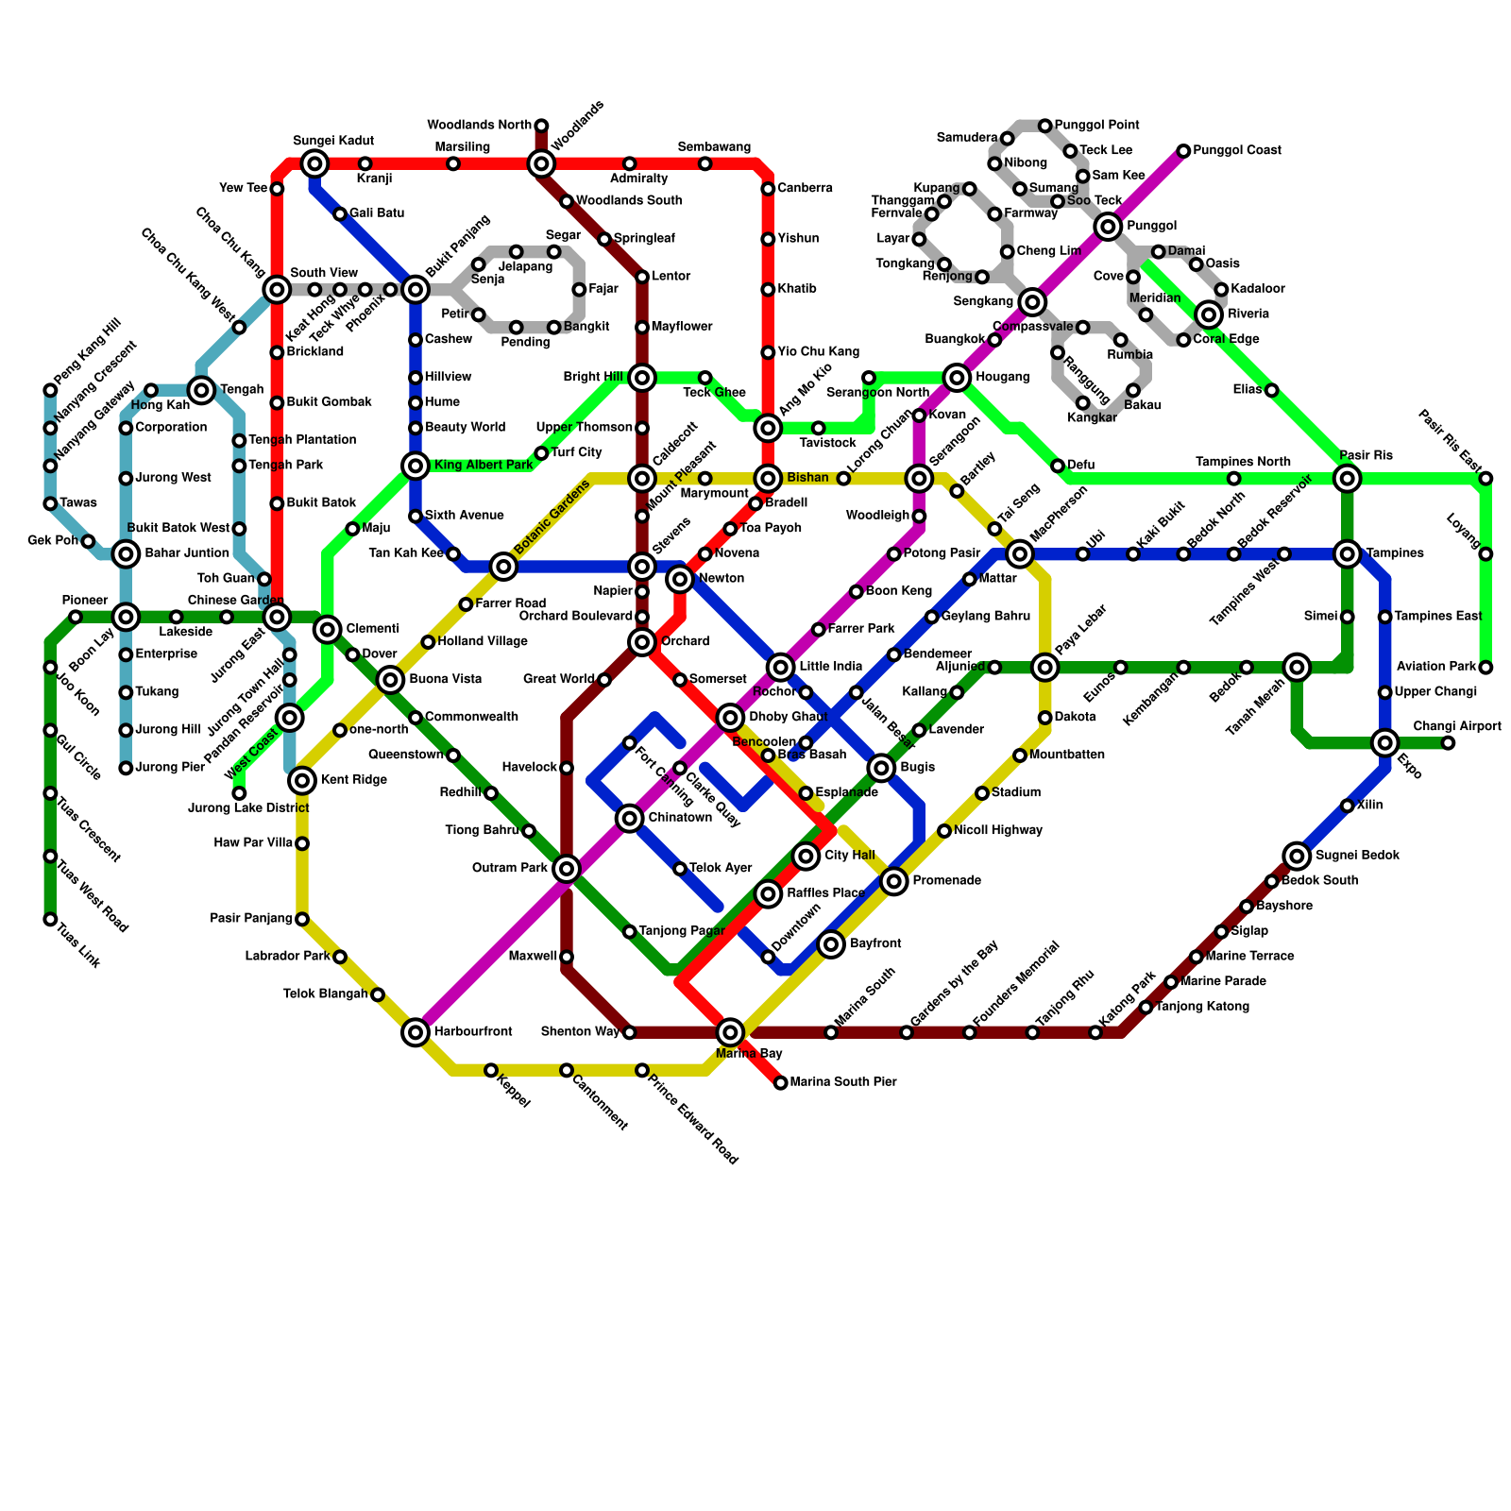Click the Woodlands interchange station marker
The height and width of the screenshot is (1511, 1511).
[x=541, y=164]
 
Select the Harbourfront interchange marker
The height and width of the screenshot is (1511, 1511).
[x=416, y=1032]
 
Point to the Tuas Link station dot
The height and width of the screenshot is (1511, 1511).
[x=50, y=919]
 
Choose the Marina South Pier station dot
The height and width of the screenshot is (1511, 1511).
[x=780, y=1082]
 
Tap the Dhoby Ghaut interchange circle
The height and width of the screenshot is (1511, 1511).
[x=730, y=718]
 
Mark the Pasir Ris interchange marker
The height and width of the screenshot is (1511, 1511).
[x=1348, y=479]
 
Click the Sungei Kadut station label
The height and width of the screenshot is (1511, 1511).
[x=320, y=141]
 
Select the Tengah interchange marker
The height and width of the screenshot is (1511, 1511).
[x=201, y=390]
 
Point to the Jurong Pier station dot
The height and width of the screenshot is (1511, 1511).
[x=126, y=768]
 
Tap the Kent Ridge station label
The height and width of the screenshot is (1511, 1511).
[x=353, y=780]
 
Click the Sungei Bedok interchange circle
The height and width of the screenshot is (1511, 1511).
[x=1298, y=856]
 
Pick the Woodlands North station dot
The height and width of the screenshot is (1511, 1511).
[x=541, y=126]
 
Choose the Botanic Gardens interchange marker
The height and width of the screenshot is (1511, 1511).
[x=503, y=567]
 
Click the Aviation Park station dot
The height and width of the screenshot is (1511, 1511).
[x=1486, y=668]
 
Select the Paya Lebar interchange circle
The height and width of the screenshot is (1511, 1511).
[x=1044, y=668]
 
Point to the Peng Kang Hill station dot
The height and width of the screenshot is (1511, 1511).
[x=50, y=390]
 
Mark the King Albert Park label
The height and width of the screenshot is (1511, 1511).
[x=484, y=466]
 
